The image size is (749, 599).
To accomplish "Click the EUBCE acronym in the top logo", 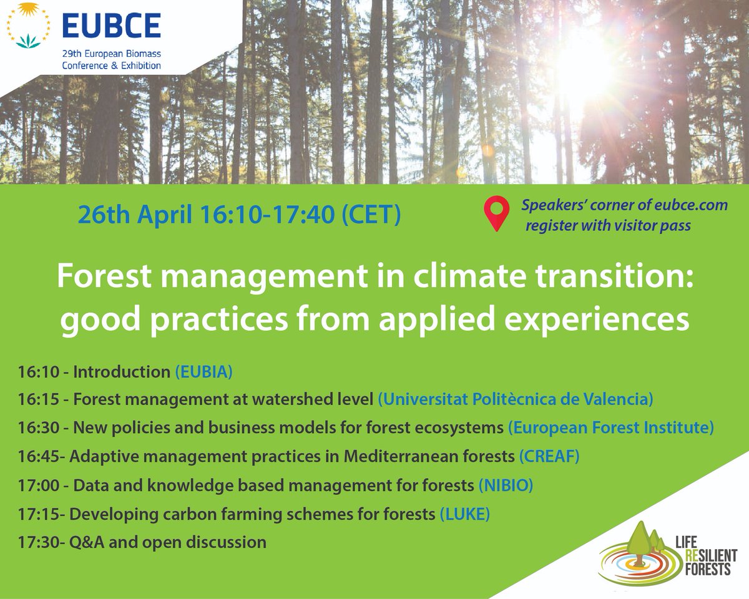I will point(111,26).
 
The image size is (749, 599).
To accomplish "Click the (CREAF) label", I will point(549,456).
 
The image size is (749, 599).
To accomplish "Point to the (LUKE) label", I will point(465,514).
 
